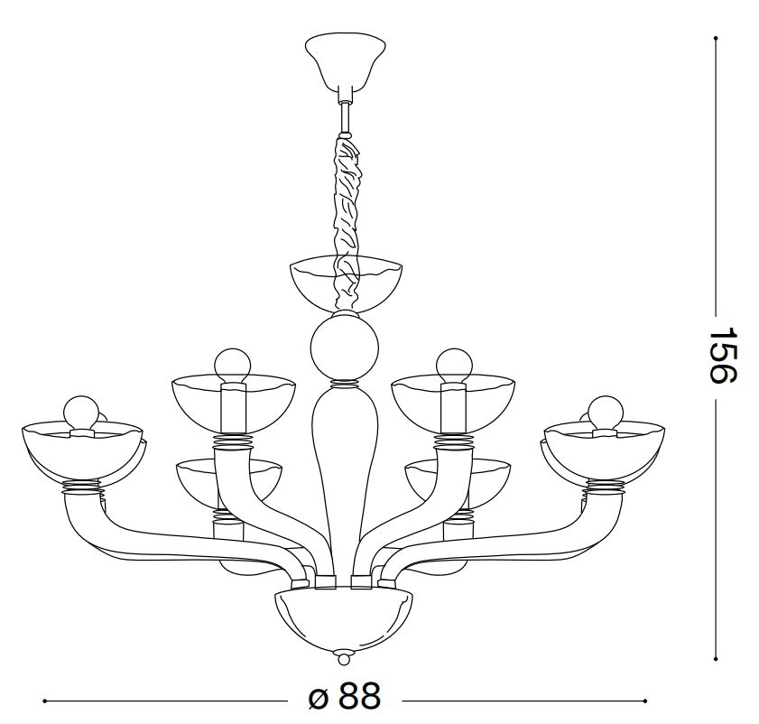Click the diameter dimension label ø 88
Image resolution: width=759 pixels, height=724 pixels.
[x=345, y=697]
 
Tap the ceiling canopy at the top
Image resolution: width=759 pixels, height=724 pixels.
[x=345, y=62]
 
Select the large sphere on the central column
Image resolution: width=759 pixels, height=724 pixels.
[x=345, y=348]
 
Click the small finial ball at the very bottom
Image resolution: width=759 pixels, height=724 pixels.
[x=344, y=659]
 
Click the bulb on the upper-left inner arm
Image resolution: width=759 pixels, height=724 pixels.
[x=233, y=365]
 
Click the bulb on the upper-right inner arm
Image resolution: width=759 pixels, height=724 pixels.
[x=454, y=365]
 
